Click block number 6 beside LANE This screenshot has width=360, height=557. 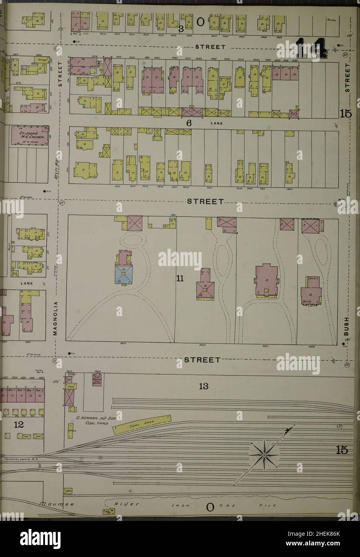188,123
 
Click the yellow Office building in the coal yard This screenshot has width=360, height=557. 72,431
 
